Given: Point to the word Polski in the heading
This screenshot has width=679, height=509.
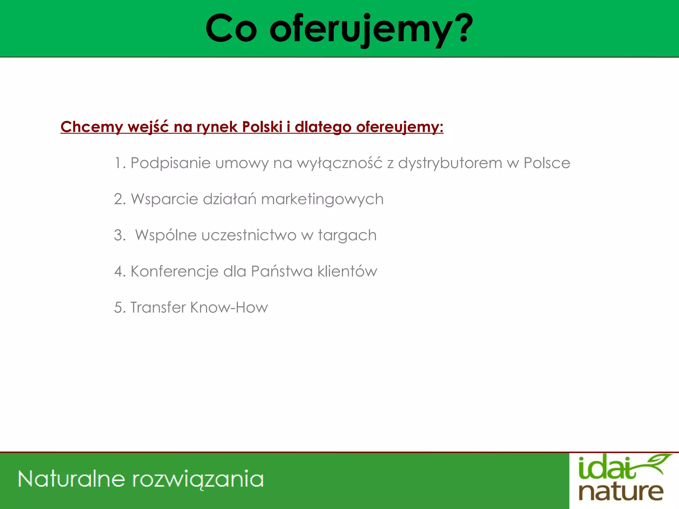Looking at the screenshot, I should point(262,127).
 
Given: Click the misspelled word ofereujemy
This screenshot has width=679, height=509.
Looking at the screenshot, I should point(400,127).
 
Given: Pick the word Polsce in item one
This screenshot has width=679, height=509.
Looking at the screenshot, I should point(547,163).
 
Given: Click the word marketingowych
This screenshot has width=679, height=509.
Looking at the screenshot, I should point(322,199).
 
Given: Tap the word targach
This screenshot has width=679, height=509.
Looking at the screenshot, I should point(347,236).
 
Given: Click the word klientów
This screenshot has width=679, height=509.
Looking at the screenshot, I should point(347,271).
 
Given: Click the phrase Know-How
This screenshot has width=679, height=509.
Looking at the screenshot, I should point(229,308).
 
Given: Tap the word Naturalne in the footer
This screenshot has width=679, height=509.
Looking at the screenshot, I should point(72,479).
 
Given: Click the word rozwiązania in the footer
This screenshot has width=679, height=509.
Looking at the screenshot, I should point(198,480).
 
